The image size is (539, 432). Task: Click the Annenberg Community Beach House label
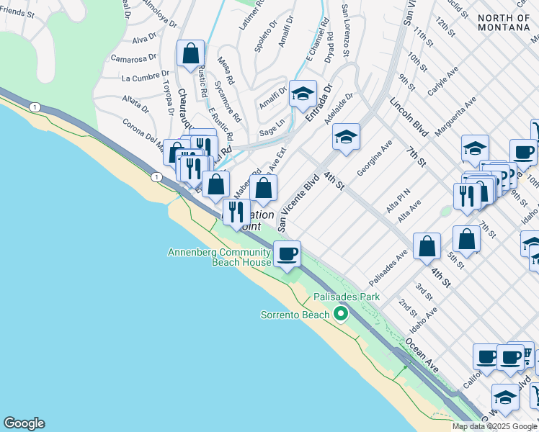tap(220, 257)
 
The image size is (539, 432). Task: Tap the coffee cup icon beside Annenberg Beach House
tap(287, 253)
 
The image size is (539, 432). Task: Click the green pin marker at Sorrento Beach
tap(340, 314)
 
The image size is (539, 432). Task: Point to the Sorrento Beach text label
tap(294, 315)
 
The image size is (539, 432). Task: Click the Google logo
tap(24, 423)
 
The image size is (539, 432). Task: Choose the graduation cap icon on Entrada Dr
tap(303, 94)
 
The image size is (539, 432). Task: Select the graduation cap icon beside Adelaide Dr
tap(346, 137)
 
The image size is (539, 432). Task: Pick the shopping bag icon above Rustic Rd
tap(191, 53)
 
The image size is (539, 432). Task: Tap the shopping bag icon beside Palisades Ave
tap(427, 246)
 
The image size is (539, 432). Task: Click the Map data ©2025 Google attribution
tap(494, 426)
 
